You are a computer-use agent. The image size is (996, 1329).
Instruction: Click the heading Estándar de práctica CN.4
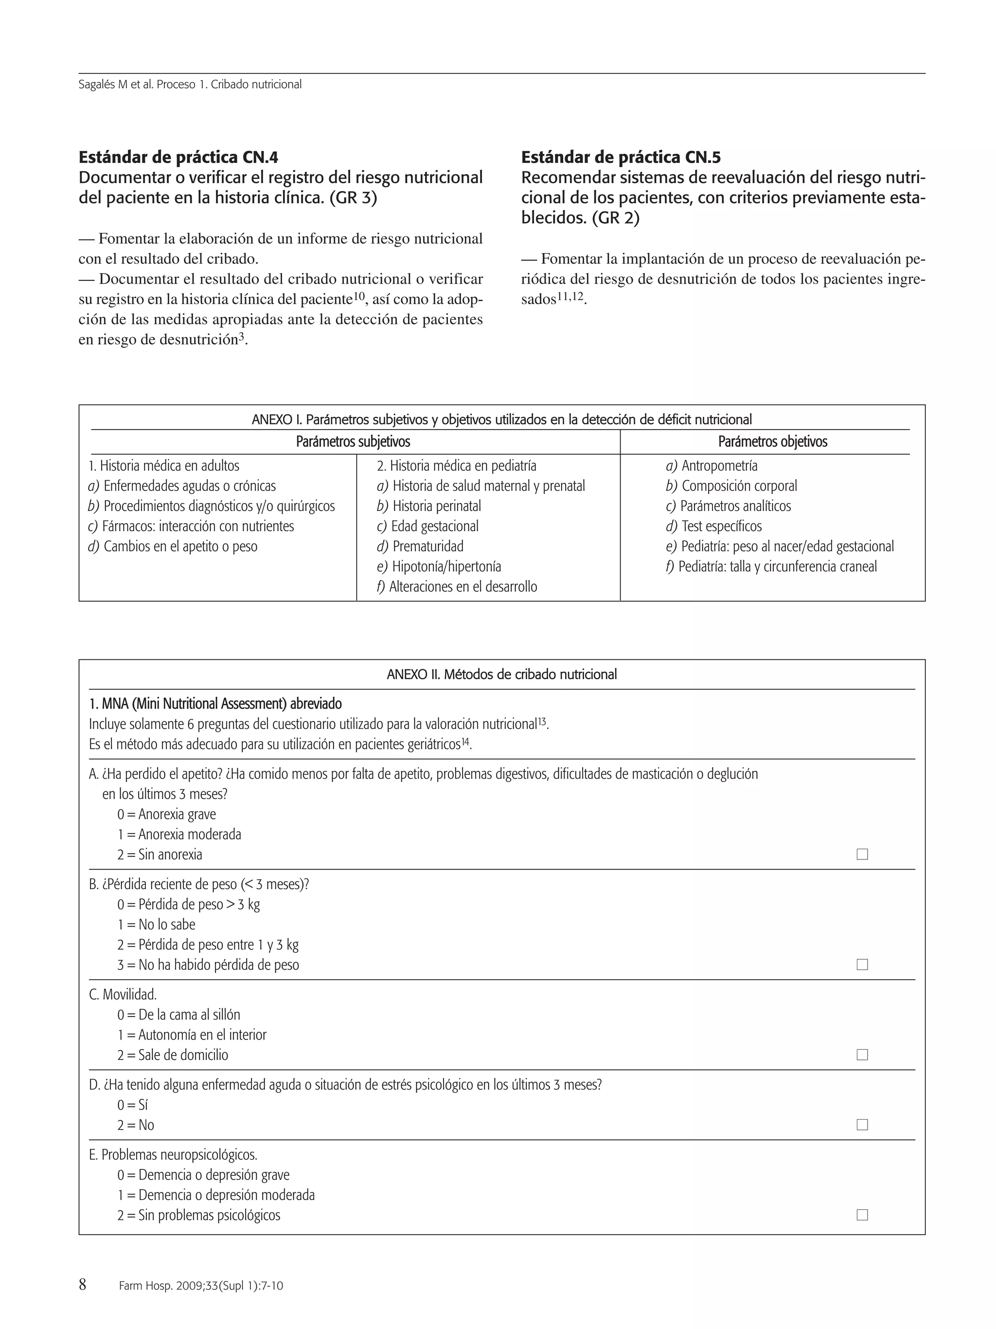(x=178, y=157)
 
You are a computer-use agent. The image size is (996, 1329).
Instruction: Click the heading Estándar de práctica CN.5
(x=621, y=157)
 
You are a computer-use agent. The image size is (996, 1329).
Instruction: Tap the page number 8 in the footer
(x=83, y=1285)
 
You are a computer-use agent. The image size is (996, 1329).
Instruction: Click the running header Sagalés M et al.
(x=190, y=85)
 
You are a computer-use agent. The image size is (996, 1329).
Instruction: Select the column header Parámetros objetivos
(x=772, y=441)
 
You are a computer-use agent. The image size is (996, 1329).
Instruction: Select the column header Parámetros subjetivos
(x=353, y=441)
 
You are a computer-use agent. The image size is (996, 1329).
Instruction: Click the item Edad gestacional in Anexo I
(x=427, y=527)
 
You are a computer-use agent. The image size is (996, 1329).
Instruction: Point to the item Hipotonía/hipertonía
(x=439, y=566)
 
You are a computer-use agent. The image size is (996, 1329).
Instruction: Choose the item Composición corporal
(x=731, y=486)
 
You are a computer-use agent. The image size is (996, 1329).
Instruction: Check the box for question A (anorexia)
(x=862, y=855)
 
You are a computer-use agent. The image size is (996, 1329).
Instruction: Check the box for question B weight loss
(x=862, y=965)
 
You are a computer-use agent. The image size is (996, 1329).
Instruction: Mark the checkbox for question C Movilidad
(x=862, y=1055)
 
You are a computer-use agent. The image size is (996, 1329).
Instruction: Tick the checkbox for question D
(x=862, y=1125)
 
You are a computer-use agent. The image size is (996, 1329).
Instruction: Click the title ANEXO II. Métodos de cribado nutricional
(x=501, y=674)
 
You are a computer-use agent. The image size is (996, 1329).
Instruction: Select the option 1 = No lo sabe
(x=156, y=925)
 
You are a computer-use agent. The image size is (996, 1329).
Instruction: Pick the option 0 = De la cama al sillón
(x=178, y=1015)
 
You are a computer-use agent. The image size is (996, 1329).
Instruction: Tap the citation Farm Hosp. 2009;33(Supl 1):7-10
(x=201, y=1286)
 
